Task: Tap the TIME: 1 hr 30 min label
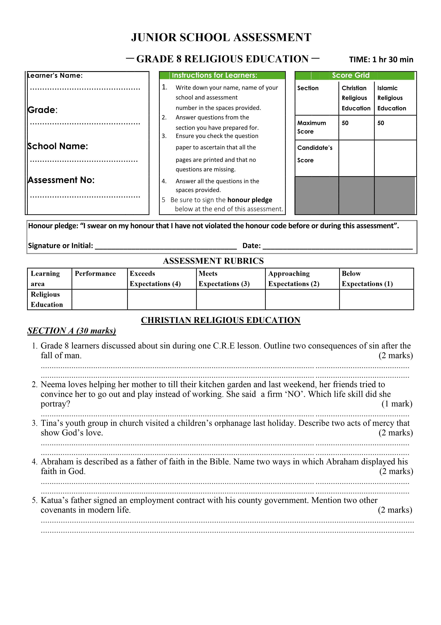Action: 381,60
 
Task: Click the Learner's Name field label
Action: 55,75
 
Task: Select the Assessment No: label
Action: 61,180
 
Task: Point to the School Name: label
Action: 58,146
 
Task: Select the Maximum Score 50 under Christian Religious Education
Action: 345,123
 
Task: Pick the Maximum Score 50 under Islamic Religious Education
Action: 381,123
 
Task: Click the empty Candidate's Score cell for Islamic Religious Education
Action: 395,158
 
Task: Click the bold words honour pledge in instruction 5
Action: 250,200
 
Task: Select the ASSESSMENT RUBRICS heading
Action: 213,261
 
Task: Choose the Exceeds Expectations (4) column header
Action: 155,278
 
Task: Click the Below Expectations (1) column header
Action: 367,278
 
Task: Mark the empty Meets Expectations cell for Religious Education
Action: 231,299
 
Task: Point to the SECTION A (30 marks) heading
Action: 72,331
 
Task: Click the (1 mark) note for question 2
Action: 397,404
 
